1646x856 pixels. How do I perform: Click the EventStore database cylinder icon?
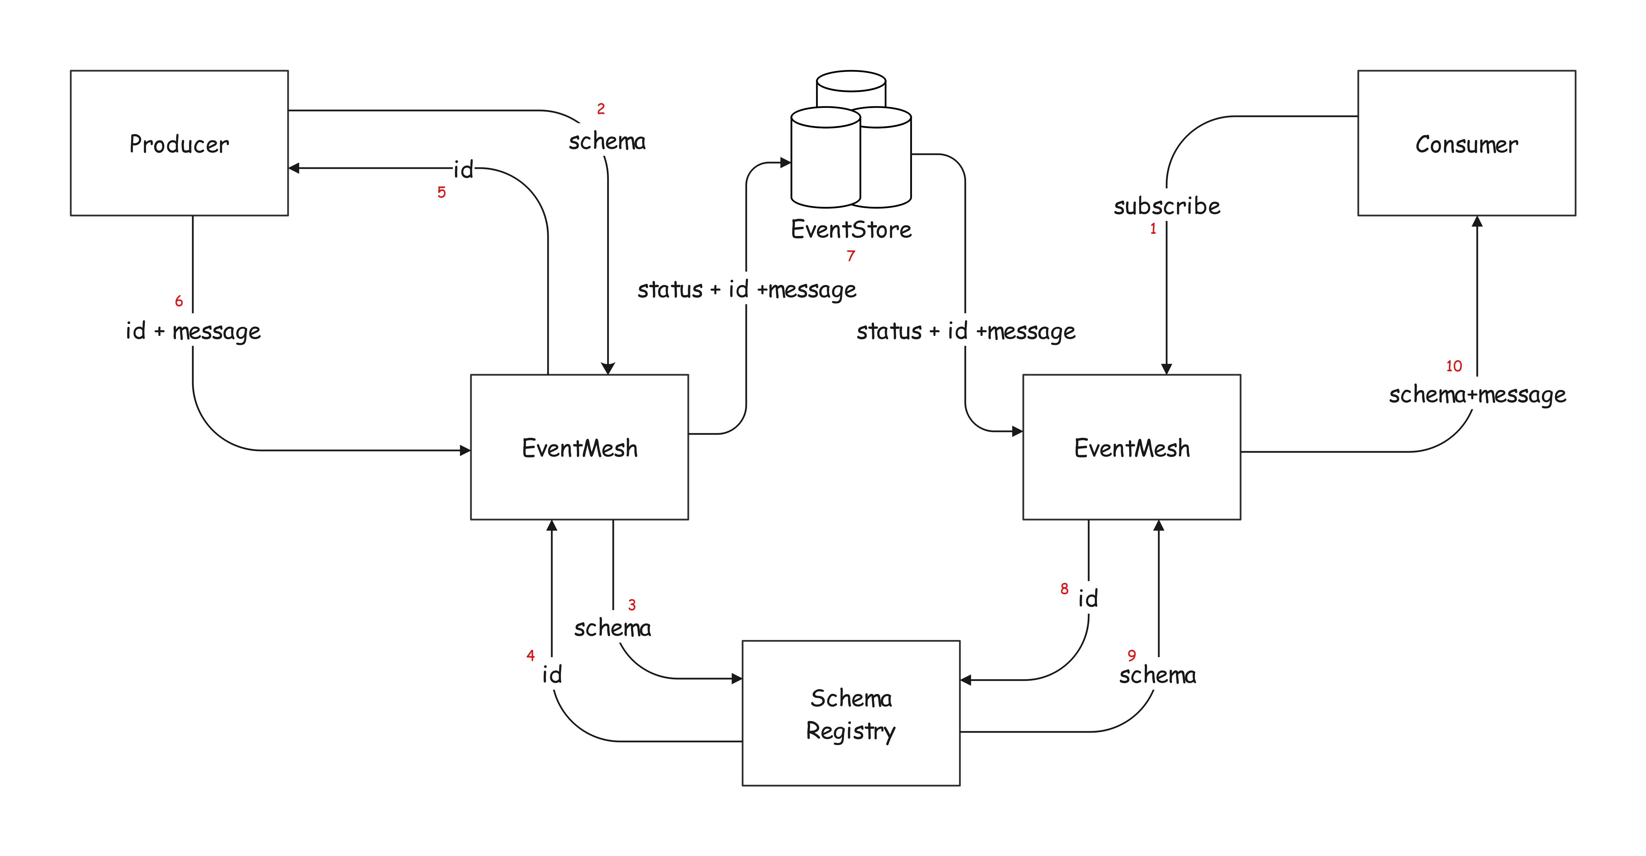pos(850,140)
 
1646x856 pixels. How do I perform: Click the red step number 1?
pos(1153,229)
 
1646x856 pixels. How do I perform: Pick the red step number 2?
pos(601,109)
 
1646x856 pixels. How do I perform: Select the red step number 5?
pos(441,192)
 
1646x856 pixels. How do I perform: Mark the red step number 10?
pos(1454,366)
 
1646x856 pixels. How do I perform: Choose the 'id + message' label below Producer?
pos(193,331)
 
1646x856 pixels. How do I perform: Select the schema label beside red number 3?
pos(612,628)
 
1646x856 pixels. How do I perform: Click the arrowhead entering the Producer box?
pos(294,168)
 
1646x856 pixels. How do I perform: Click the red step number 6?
pos(179,301)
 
